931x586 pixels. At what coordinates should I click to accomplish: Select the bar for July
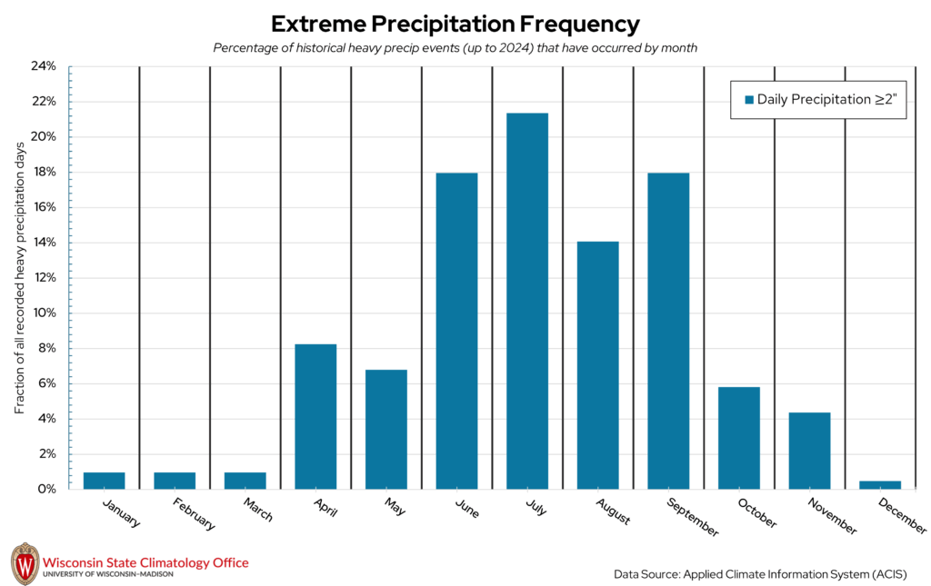click(527, 301)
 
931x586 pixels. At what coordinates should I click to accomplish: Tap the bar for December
click(880, 484)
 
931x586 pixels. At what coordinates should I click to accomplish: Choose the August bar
click(598, 364)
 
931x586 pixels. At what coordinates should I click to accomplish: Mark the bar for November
click(809, 451)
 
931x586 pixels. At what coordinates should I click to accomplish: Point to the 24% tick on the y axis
click(44, 66)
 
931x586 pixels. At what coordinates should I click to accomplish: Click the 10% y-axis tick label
click(44, 313)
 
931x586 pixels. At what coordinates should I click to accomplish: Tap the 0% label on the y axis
click(46, 489)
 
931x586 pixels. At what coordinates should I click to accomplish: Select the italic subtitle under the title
click(455, 48)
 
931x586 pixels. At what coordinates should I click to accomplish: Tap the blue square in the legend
click(749, 100)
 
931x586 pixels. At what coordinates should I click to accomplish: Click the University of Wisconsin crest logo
click(25, 564)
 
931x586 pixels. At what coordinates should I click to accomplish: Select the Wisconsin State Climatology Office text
click(145, 562)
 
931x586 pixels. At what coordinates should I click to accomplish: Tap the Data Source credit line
click(760, 574)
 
